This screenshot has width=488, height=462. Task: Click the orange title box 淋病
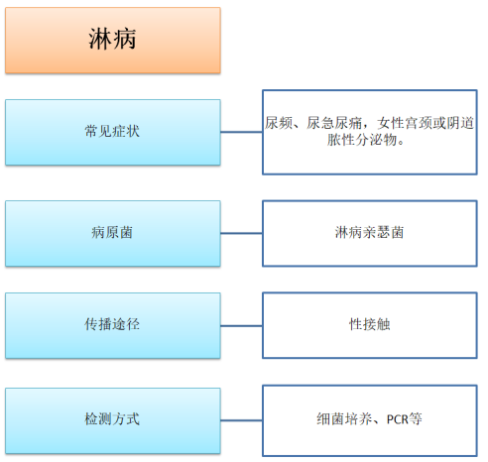113,41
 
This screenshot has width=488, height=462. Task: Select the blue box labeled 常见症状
113,132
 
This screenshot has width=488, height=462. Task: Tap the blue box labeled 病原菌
113,233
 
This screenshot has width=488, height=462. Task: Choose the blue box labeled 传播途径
113,325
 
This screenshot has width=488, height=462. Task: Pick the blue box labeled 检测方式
113,420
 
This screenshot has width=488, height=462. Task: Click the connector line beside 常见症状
241,132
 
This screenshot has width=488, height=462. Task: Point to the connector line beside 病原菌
241,233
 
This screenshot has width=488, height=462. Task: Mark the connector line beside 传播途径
241,326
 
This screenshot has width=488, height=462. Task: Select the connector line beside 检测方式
241,420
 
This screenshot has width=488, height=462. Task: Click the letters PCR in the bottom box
397,419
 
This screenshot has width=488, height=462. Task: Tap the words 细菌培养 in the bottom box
344,419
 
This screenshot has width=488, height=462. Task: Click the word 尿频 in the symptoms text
279,123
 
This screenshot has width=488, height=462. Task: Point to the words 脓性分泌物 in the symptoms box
362,140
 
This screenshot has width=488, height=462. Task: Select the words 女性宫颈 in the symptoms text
405,123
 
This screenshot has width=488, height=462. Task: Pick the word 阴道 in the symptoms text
460,123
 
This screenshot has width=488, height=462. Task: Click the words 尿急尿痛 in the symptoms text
334,123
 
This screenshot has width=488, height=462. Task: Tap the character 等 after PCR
416,419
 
